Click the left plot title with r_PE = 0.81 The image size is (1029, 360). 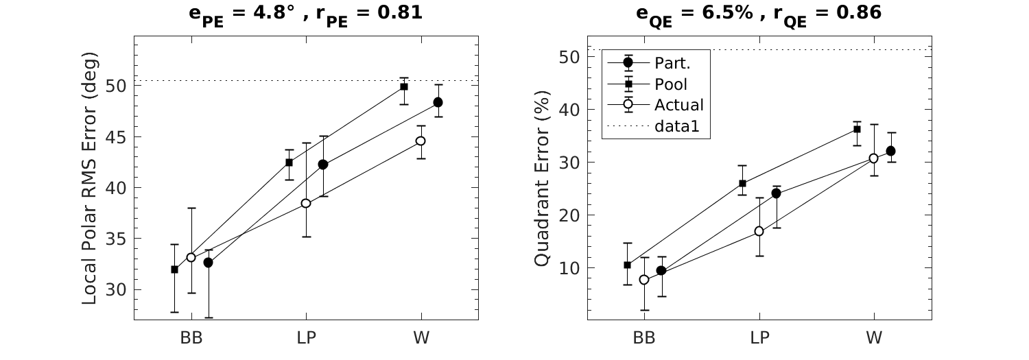(x=305, y=13)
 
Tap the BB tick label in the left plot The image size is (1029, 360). (x=191, y=338)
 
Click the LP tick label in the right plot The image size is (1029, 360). (x=759, y=338)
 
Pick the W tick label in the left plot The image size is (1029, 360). (x=421, y=338)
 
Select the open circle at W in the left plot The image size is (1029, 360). (x=421, y=141)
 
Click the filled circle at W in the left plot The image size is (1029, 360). (x=438, y=102)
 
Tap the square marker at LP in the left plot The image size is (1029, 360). (x=289, y=163)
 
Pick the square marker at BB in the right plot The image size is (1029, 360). (x=627, y=265)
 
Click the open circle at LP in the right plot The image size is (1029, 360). (x=759, y=231)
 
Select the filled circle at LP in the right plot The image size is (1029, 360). (x=776, y=193)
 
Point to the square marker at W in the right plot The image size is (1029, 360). (x=857, y=129)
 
